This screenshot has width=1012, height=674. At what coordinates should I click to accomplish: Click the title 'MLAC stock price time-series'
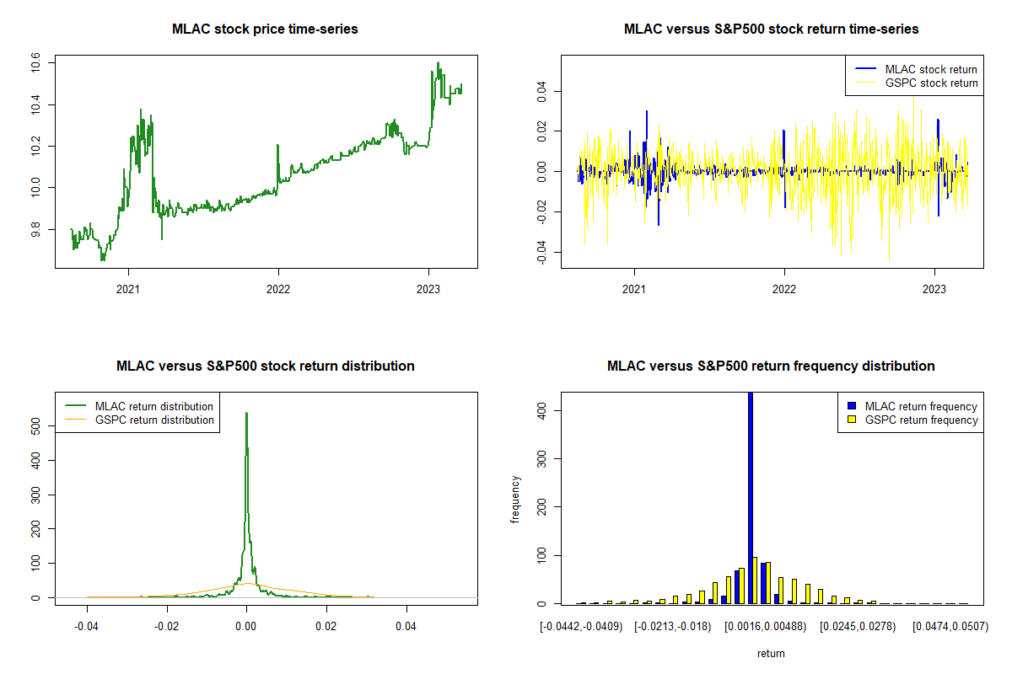pyautogui.click(x=265, y=29)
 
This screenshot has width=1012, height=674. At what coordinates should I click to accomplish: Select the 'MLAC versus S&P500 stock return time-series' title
pyautogui.click(x=771, y=29)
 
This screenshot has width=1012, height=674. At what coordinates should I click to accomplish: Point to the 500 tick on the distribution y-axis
pyautogui.click(x=36, y=426)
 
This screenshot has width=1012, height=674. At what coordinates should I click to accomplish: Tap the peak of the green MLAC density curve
pyautogui.click(x=246, y=414)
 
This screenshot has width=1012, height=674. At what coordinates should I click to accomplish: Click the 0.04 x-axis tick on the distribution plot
pyautogui.click(x=406, y=627)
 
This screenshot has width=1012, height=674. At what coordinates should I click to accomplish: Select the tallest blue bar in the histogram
pyautogui.click(x=751, y=497)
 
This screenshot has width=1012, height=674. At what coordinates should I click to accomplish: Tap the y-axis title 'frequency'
pyautogui.click(x=515, y=499)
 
